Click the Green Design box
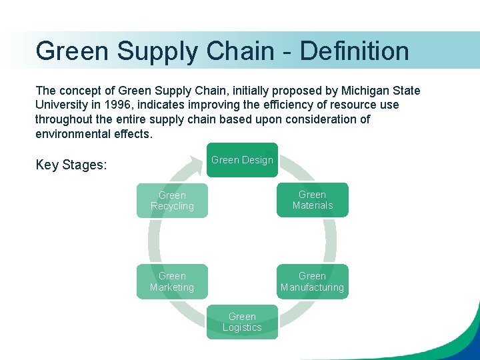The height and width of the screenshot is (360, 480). tap(242, 160)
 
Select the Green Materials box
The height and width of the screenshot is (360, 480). tap(312, 200)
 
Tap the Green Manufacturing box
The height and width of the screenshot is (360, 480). tap(312, 281)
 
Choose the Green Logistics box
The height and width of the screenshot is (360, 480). tap(242, 322)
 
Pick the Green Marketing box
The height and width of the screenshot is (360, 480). tap(172, 281)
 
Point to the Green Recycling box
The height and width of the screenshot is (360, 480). tap(172, 201)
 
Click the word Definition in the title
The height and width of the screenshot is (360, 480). tap(355, 51)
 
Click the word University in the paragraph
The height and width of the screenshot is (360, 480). tap(62, 105)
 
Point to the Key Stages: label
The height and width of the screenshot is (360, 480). tap(71, 165)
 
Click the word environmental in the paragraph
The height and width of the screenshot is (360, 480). tap(74, 134)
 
